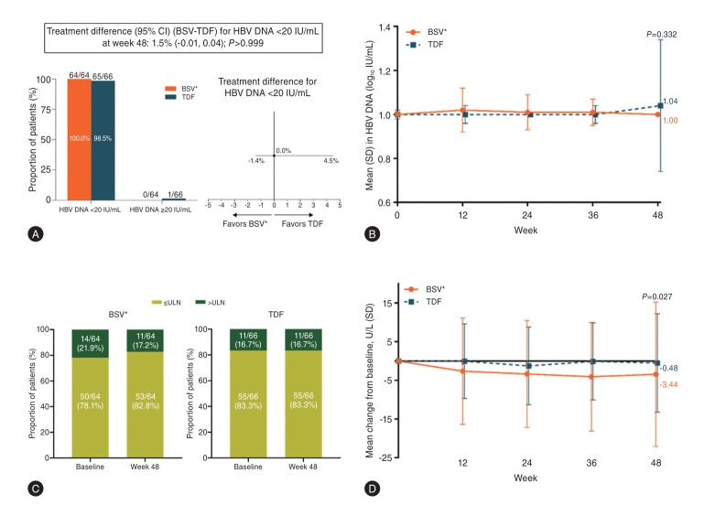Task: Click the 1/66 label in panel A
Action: pyautogui.click(x=174, y=194)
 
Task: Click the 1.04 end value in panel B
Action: pyautogui.click(x=669, y=102)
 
